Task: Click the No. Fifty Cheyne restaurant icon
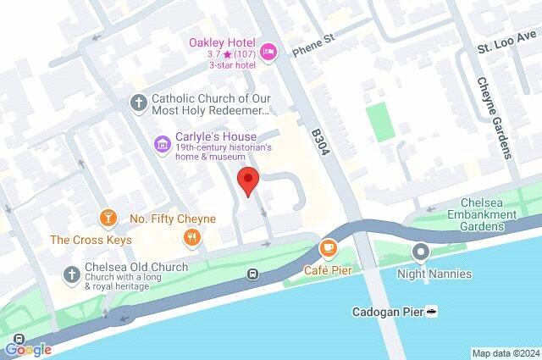click(193, 237)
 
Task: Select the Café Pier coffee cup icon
click(328, 248)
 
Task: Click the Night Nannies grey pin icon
click(421, 252)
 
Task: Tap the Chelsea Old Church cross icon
click(71, 274)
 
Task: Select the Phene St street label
click(314, 51)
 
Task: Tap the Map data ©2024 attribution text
click(505, 353)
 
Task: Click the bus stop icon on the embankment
click(252, 274)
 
